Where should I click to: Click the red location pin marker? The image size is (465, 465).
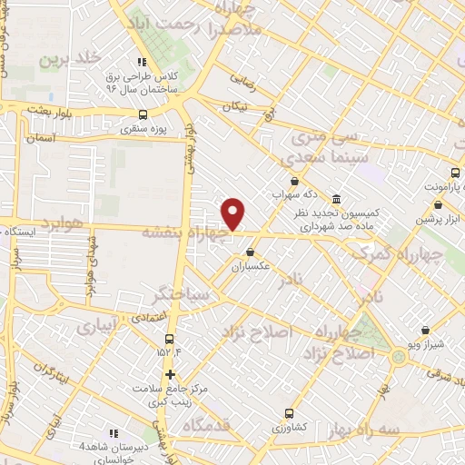coord(233,213)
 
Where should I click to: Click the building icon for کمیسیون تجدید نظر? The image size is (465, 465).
coord(336,198)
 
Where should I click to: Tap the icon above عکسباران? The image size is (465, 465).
coord(250,252)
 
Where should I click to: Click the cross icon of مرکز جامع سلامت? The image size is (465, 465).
coord(170,374)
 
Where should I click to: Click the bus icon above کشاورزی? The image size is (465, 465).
coord(289,412)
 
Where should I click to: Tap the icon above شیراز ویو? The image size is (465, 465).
coord(426,331)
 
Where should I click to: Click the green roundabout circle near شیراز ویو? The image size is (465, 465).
coord(398,356)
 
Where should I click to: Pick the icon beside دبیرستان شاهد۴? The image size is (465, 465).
coord(114,433)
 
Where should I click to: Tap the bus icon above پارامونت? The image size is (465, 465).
coord(454,173)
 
